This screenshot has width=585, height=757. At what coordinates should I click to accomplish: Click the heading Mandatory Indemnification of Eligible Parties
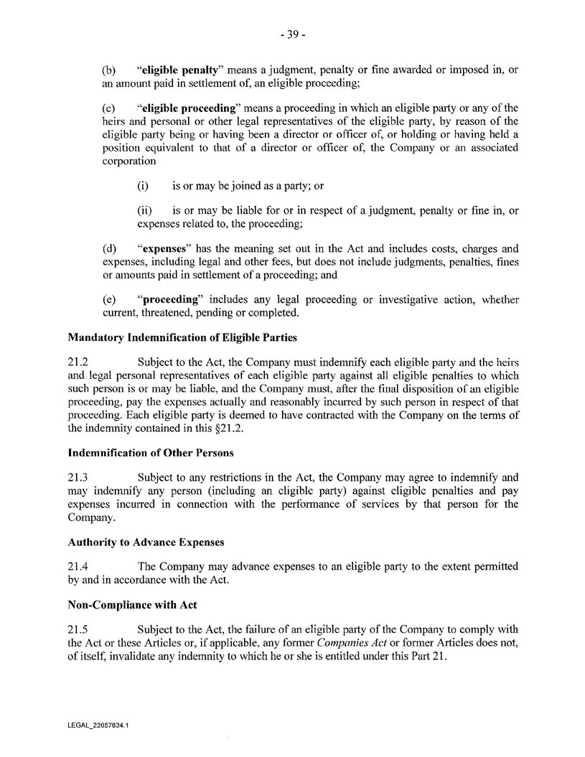[182, 337]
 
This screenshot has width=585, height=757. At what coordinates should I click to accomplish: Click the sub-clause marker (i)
[142, 186]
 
